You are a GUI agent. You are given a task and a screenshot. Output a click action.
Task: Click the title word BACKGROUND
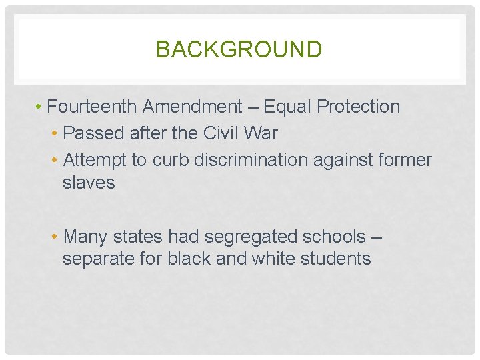(x=239, y=49)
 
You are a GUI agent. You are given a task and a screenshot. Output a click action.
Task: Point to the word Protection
(x=359, y=107)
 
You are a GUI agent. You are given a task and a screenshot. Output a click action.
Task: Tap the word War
(x=263, y=133)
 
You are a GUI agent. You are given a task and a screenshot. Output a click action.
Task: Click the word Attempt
(x=95, y=161)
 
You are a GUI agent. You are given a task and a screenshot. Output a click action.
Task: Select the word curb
(x=171, y=161)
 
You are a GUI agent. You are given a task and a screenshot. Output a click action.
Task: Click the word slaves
(x=89, y=183)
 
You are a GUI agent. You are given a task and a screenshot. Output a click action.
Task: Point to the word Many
(x=85, y=237)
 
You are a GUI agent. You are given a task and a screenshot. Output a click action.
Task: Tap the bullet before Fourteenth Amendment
(x=41, y=107)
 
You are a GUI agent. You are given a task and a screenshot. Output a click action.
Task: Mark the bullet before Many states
(x=55, y=237)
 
